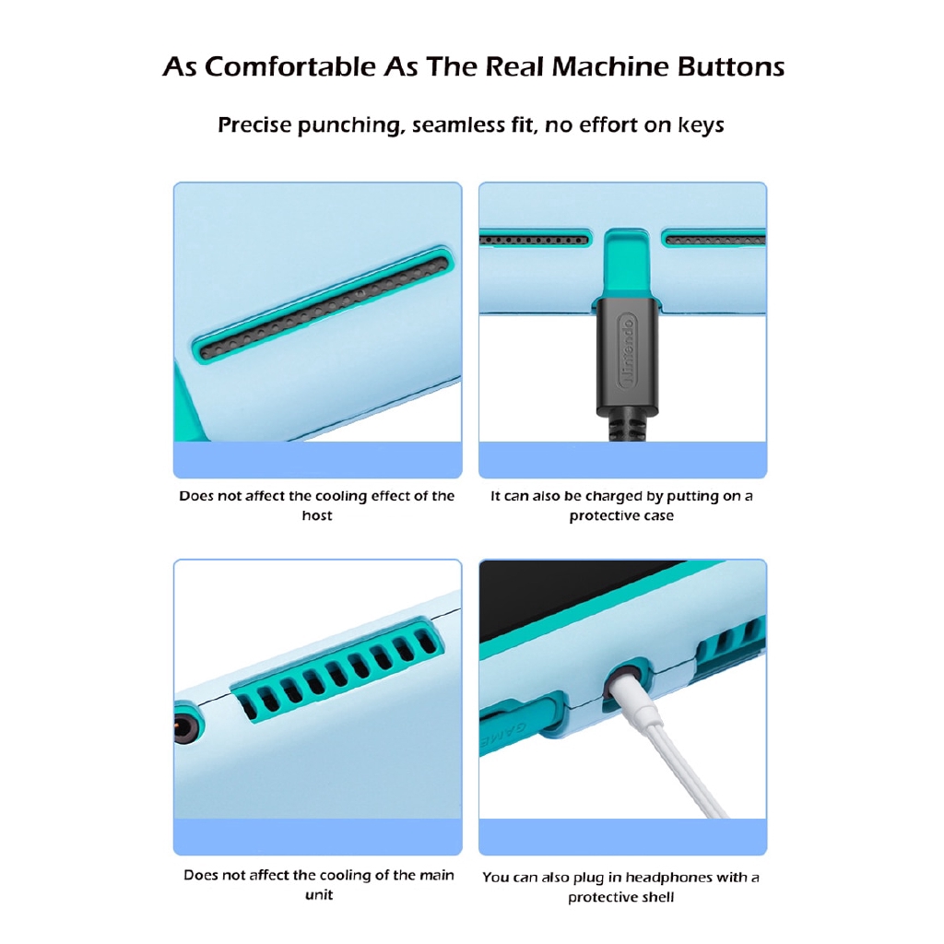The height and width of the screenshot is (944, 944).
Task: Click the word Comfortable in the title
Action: (290, 66)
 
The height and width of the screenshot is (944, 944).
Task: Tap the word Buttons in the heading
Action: (731, 66)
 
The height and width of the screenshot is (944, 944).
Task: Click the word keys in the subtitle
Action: (701, 124)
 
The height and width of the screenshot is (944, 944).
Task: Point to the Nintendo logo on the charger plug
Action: (627, 351)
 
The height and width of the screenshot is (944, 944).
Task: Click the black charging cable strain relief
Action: (628, 425)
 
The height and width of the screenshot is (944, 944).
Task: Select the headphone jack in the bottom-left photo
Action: (186, 721)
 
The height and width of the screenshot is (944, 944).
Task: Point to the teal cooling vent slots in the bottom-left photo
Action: (337, 668)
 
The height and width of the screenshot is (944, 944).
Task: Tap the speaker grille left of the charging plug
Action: (534, 241)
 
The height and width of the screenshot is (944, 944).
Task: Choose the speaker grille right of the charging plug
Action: (714, 240)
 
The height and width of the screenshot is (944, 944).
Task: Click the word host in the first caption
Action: (317, 515)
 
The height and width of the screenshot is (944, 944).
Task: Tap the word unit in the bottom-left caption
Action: (318, 894)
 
